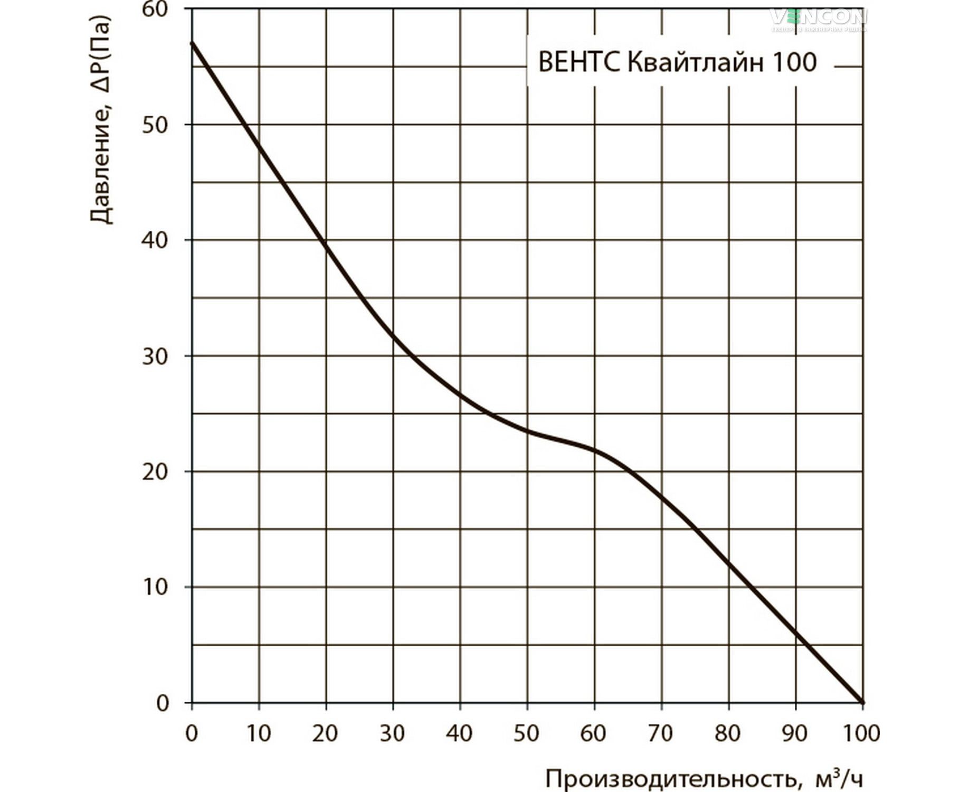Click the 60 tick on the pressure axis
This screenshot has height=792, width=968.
pos(155,9)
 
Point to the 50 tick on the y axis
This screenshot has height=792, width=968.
pos(155,125)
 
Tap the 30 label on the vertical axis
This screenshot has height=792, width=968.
pos(155,356)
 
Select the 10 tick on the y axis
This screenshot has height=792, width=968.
pos(155,587)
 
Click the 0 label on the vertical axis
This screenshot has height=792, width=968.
pos(162,703)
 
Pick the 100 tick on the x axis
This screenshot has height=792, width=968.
pos(862,733)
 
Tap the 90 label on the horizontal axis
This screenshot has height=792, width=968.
pos(795,733)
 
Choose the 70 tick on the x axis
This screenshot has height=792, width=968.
pos(661,733)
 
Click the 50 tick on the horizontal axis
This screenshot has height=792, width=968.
pos(527,733)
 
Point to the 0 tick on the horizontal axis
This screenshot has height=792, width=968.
pos(192,733)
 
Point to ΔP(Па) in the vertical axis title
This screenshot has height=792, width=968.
pos(101,55)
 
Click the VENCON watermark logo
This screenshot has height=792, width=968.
pos(818,18)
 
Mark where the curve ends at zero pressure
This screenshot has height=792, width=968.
pos(862,702)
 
